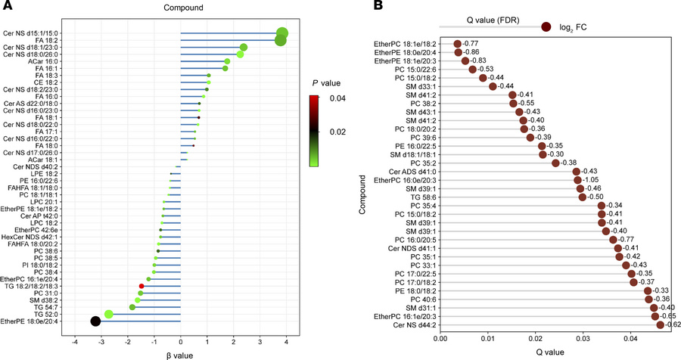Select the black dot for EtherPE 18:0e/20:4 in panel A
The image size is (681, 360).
(95, 321)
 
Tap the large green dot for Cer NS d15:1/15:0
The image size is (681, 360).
(282, 33)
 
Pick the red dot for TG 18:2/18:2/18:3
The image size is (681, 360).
(141, 286)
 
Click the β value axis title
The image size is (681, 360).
(180, 353)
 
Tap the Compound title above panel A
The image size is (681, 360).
(179, 9)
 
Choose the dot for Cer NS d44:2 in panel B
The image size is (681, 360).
(660, 325)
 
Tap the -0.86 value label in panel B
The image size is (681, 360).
(473, 52)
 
